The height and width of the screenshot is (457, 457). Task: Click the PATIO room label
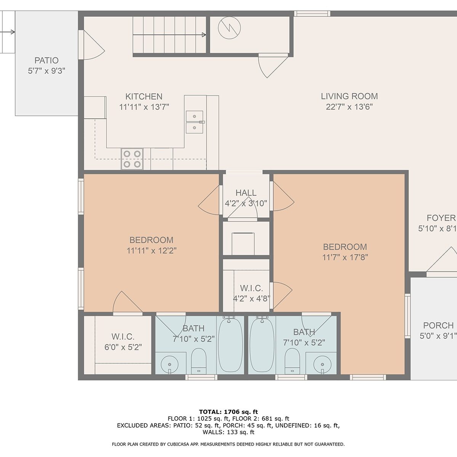(x=46, y=61)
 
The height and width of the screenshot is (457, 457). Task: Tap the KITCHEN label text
(x=144, y=96)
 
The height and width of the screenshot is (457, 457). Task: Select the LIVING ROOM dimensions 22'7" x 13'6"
(x=349, y=107)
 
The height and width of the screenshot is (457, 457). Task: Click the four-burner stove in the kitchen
(x=132, y=159)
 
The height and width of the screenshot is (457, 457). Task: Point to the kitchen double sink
(x=195, y=122)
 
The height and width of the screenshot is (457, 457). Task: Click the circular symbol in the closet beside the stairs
(x=229, y=28)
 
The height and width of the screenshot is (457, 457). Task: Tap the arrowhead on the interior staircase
(x=204, y=35)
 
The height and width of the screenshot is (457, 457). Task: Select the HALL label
(x=246, y=193)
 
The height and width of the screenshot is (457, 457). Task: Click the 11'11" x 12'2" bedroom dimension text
(x=152, y=251)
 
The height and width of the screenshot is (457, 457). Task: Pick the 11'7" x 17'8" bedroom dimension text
(x=345, y=257)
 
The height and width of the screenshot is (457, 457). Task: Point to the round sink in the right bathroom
(x=322, y=364)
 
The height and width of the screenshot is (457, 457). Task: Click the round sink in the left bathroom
(x=169, y=364)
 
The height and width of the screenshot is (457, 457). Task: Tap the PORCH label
(x=438, y=326)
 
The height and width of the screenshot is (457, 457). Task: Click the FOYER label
(x=441, y=218)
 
